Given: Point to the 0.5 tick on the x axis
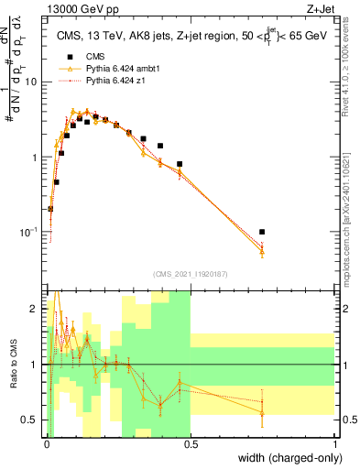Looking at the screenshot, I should tap(191, 442).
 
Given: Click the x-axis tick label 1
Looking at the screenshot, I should tap(335, 442).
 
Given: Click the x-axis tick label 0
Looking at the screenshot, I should tap(47, 442).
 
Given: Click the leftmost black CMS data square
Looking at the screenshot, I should tap(50, 209).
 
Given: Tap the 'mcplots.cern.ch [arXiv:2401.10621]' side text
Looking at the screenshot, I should tap(350, 215).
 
